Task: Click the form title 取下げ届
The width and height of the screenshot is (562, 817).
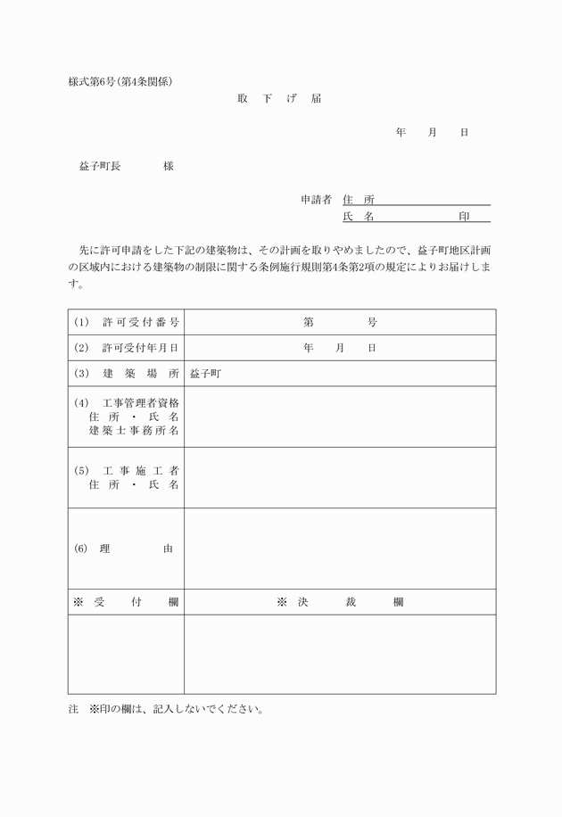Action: click(x=279, y=98)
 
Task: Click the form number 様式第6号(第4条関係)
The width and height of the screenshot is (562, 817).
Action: click(x=120, y=81)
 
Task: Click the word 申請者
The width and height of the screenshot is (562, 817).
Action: click(x=316, y=199)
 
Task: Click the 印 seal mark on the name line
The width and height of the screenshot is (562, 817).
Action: click(x=464, y=217)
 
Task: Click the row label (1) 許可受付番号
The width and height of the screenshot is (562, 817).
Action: click(x=127, y=322)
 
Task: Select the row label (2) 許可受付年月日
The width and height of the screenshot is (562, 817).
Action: click(x=127, y=348)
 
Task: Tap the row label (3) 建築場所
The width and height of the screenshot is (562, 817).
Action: click(x=127, y=374)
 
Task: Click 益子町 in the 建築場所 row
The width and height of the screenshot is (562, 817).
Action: click(x=205, y=374)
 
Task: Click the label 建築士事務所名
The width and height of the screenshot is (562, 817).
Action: click(x=134, y=430)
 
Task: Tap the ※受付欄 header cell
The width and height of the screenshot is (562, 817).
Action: click(x=126, y=602)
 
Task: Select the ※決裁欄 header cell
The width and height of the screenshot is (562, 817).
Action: click(x=340, y=602)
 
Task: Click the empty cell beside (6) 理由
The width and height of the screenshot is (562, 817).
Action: click(x=340, y=549)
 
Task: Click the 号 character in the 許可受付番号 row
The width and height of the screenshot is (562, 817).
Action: click(x=372, y=322)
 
